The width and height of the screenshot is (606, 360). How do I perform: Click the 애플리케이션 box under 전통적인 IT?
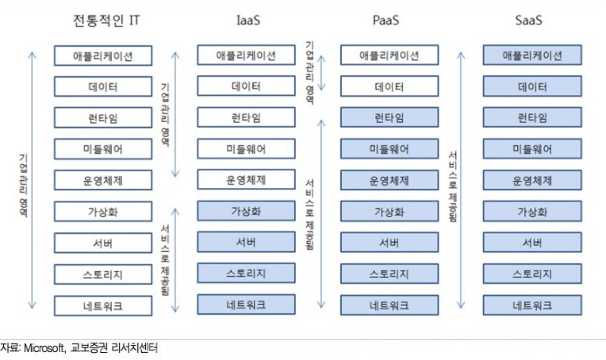tap(103, 56)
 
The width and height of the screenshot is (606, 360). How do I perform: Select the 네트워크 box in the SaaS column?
tap(532, 304)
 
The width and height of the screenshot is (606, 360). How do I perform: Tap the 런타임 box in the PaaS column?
tap(389, 117)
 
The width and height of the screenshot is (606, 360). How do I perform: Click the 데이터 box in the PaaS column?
tap(389, 86)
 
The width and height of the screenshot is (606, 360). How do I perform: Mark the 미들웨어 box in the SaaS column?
tap(532, 149)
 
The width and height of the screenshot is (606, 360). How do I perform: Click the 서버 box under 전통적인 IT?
tap(103, 242)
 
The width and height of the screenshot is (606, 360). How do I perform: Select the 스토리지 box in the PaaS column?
tap(389, 274)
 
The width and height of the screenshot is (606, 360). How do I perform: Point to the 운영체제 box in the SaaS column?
tap(532, 180)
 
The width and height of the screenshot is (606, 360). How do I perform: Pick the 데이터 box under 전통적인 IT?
tap(103, 86)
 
